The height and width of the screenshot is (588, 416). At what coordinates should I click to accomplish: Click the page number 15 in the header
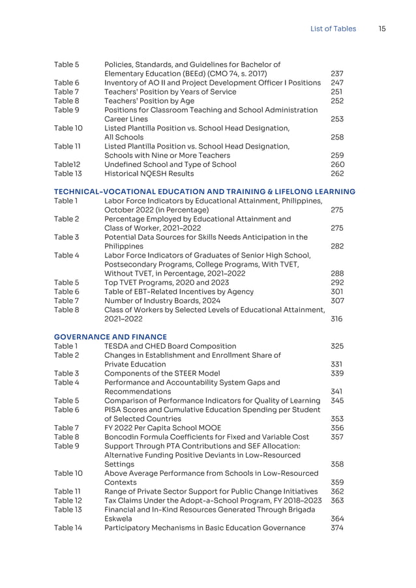[x=382, y=29]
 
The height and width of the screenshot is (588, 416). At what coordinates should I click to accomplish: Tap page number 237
[x=337, y=74]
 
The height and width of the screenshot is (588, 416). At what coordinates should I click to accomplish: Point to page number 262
[x=337, y=174]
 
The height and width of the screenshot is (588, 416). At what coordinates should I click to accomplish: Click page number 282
[x=337, y=246]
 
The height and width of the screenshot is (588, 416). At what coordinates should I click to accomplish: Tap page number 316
[x=337, y=319]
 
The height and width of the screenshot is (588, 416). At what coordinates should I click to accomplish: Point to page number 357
[x=337, y=437]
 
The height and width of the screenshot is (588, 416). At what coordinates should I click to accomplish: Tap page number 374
[x=337, y=528]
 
